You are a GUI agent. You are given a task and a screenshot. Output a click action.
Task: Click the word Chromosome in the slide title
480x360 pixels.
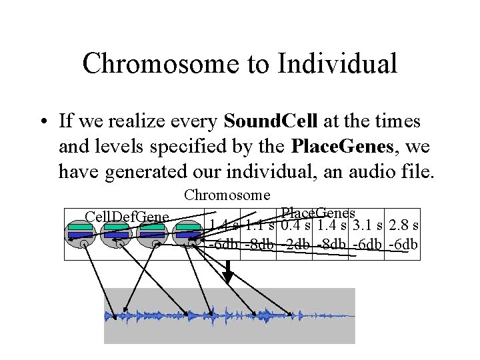(x=160, y=64)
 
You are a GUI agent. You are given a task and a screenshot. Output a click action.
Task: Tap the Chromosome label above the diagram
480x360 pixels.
(x=227, y=195)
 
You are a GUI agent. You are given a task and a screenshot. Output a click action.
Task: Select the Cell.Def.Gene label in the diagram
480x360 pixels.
(x=127, y=217)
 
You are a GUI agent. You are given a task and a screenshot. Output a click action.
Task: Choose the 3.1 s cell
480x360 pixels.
(x=367, y=225)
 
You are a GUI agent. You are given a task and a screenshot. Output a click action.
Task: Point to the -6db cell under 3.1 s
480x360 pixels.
(x=367, y=245)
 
